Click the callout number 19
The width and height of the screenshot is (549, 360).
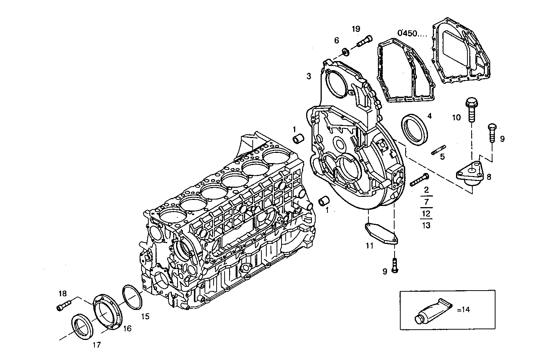click(x=356, y=29)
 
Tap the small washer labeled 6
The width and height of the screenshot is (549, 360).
click(x=345, y=50)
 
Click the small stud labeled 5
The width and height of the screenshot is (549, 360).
click(x=438, y=150)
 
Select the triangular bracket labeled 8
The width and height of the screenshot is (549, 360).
click(x=471, y=174)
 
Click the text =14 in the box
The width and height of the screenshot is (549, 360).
click(x=463, y=310)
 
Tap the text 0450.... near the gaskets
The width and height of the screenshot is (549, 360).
click(x=412, y=33)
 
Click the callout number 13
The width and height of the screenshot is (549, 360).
click(x=426, y=225)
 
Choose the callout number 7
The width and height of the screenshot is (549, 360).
click(x=426, y=202)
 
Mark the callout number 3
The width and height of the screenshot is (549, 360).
click(x=309, y=76)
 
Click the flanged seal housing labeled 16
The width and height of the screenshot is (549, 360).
click(x=108, y=311)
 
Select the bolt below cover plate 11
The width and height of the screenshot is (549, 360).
click(x=395, y=265)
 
